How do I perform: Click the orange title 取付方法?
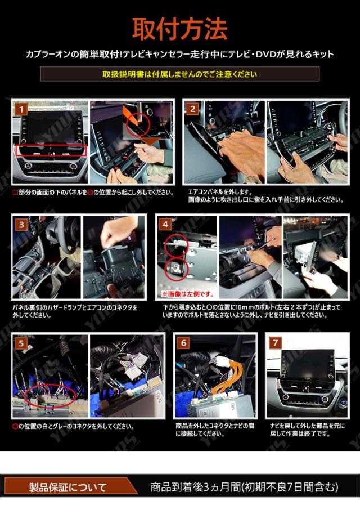click(180, 29)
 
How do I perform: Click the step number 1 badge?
click(21, 109)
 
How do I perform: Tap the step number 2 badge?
click(193, 109)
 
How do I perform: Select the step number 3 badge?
click(21, 225)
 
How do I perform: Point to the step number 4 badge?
click(165, 225)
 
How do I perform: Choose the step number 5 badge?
click(21, 343)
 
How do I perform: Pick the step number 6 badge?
click(184, 342)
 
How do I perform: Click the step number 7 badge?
click(275, 342)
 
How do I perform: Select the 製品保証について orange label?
click(67, 488)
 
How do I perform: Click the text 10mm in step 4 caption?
click(244, 307)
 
